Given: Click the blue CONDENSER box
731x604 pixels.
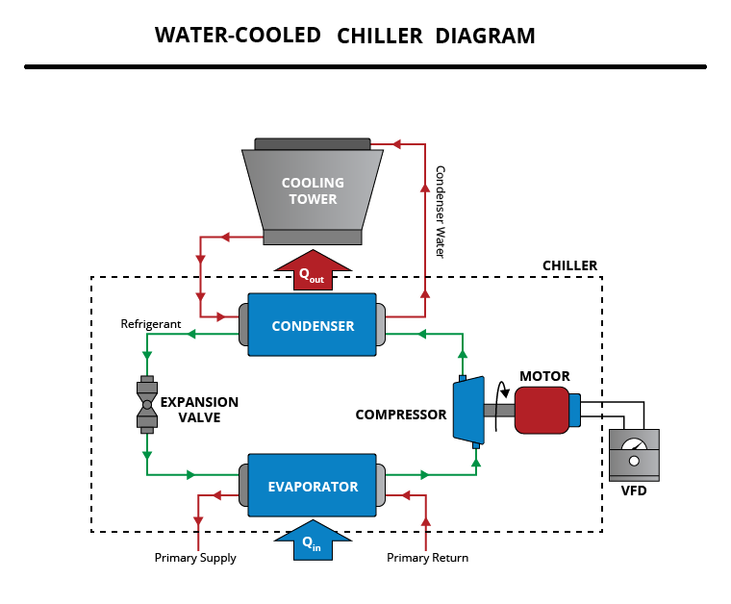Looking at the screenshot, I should point(312,325).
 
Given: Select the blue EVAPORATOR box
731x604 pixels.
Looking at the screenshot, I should point(312,486).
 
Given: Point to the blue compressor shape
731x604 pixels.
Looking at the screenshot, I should point(467,411).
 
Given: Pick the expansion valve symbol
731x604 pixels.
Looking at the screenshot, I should point(147,403).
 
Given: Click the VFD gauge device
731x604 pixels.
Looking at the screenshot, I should point(635,454).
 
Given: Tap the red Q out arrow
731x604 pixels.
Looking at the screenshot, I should point(312,272).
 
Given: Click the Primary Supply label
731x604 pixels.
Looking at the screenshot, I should point(195,558).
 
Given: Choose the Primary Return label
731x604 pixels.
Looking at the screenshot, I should point(427,558).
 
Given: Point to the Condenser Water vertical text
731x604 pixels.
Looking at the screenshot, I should point(440,212).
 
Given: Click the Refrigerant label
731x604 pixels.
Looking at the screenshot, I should point(151,324).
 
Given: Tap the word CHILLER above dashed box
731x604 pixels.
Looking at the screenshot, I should point(569,265).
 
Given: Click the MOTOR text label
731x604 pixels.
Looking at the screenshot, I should point(544,376).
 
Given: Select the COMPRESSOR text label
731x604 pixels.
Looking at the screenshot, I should point(401,415).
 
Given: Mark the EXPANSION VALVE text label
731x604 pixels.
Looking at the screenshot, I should point(199,410).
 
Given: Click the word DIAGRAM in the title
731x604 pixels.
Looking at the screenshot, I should point(485,37).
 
